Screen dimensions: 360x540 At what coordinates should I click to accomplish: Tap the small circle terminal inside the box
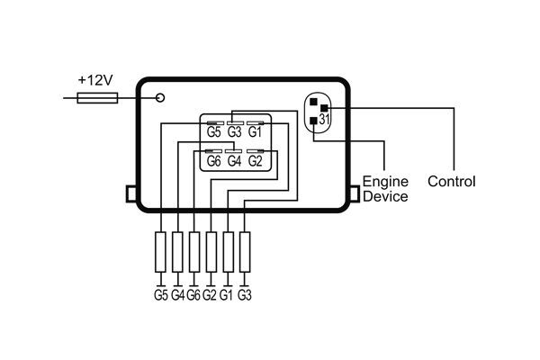(160, 97)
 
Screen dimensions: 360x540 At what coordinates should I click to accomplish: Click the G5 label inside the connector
(214, 132)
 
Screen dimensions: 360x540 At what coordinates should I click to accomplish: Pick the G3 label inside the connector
(234, 132)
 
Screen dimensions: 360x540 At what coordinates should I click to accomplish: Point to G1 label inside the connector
(254, 132)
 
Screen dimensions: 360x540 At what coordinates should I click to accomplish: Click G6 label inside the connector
(214, 161)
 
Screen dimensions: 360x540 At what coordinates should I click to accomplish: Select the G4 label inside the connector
(234, 161)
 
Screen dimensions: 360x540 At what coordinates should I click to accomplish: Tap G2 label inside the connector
(254, 161)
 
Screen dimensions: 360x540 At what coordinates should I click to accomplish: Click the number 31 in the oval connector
(325, 119)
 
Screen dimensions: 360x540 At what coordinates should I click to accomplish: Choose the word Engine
(380, 182)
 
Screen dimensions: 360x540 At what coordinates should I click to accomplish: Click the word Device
(384, 196)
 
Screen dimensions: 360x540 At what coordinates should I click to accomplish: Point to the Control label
(451, 182)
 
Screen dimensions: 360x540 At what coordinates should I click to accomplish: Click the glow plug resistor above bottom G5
(161, 253)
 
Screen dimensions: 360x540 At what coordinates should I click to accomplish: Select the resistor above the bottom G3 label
(244, 253)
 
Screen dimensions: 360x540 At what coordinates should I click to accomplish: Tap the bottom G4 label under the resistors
(177, 293)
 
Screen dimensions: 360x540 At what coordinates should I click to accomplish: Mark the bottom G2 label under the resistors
(210, 293)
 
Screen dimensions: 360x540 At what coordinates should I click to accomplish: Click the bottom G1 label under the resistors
(227, 293)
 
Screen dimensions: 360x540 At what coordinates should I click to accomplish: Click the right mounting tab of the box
(354, 194)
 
